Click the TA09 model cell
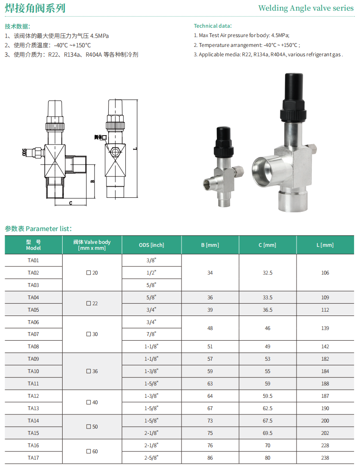pyautogui.click(x=33, y=359)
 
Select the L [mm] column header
pyautogui.click(x=325, y=245)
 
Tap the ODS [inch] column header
pyautogui.click(x=152, y=245)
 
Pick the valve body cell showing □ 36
pyautogui.click(x=92, y=371)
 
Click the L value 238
pyautogui.click(x=325, y=457)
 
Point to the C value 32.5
pyautogui.click(x=268, y=273)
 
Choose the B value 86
pyautogui.click(x=210, y=457)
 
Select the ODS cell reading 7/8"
pyautogui.click(x=151, y=334)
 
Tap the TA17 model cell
pyautogui.click(x=33, y=457)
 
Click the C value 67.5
pyautogui.click(x=268, y=420)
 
